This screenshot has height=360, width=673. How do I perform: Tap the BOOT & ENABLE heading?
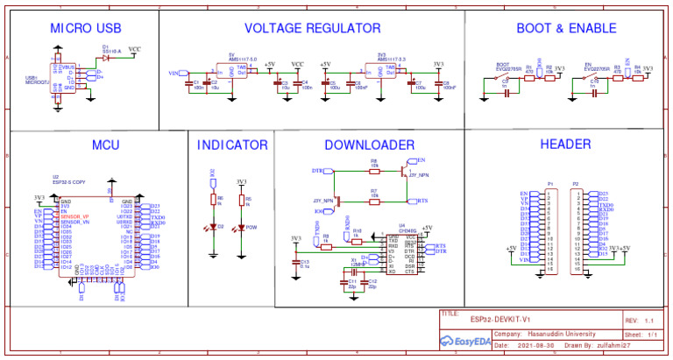click(x=567, y=28)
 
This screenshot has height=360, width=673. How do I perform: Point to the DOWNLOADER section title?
click(x=369, y=145)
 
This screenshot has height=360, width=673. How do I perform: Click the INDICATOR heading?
click(x=232, y=145)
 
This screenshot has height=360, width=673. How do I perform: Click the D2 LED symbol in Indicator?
click(x=212, y=227)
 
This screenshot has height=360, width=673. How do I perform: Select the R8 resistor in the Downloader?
click(x=374, y=166)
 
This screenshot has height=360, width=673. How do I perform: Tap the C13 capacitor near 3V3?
click(x=295, y=260)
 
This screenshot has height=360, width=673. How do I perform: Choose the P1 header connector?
click(x=551, y=227)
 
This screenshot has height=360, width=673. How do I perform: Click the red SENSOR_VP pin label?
click(x=74, y=216)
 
